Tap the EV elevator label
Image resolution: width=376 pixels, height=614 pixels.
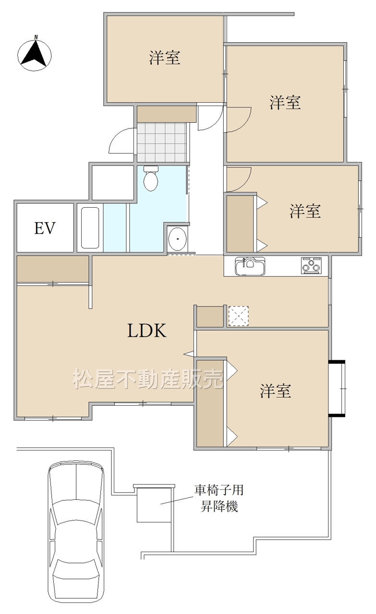[x=45, y=228]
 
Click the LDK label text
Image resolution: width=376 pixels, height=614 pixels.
[x=147, y=331]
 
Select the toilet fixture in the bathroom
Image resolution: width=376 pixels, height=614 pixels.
[x=151, y=178]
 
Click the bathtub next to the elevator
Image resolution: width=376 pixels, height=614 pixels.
[x=90, y=228]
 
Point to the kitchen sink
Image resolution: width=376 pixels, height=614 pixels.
[x=250, y=266]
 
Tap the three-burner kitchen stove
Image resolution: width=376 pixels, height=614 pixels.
[x=311, y=265]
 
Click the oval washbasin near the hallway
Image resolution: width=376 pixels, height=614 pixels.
[x=178, y=239]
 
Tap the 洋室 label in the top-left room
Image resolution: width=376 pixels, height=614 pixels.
[x=165, y=58]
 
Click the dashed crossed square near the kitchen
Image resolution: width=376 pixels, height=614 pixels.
[x=239, y=316]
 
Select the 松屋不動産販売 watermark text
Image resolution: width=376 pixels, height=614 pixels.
[x=148, y=379]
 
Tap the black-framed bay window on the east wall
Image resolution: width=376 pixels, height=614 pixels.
[x=337, y=389]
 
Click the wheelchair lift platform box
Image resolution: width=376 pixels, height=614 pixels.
[x=154, y=504]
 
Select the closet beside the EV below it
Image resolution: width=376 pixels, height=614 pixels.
[x=53, y=269]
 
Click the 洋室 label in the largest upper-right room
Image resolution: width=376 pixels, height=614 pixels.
[x=285, y=103]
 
